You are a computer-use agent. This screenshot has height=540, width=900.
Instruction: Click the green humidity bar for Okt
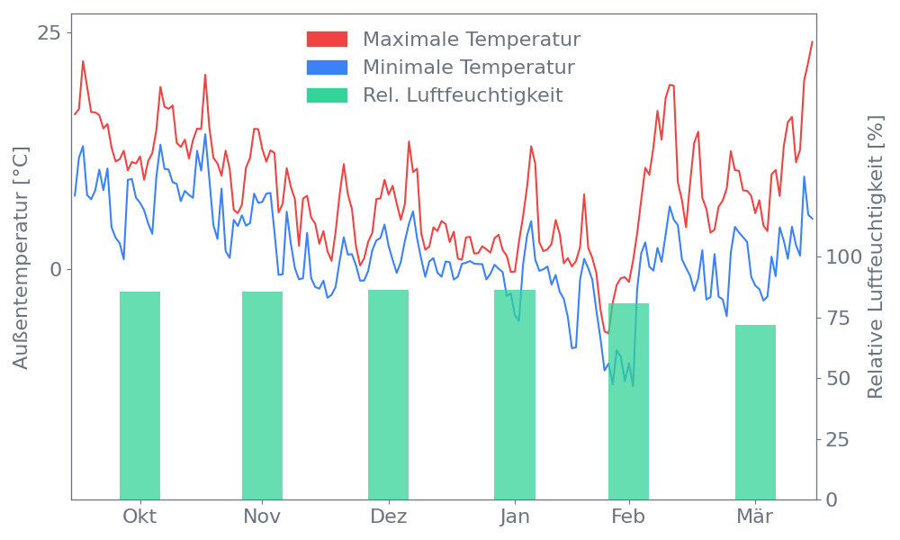click(x=139, y=395)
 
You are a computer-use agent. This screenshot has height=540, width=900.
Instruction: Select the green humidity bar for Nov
click(x=262, y=395)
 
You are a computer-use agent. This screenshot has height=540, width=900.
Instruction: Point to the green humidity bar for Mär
click(x=755, y=411)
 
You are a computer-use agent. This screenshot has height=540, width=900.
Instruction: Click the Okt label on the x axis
click(x=139, y=517)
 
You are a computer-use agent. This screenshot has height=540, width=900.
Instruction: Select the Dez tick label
click(x=389, y=517)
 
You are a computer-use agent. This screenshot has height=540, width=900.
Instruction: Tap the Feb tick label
click(x=628, y=517)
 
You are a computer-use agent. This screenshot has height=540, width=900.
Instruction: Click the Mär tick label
click(x=756, y=517)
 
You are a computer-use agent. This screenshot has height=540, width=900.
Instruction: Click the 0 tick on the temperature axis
click(x=56, y=270)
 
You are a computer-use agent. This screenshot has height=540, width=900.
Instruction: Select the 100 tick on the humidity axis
click(x=844, y=257)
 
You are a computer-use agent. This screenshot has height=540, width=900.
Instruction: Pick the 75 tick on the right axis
click(x=839, y=318)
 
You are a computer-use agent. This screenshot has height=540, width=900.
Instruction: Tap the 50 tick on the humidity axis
click(x=839, y=378)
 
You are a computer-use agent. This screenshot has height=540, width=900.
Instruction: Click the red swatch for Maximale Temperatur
click(x=327, y=40)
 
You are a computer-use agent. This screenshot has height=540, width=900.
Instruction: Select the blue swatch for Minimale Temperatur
click(x=327, y=67)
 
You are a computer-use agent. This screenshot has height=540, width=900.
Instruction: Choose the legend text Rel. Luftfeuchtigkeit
click(x=463, y=95)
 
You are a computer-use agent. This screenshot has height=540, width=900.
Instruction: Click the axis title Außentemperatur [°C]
click(x=22, y=257)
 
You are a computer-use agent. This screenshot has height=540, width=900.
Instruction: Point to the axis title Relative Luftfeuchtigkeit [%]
click(x=875, y=257)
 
